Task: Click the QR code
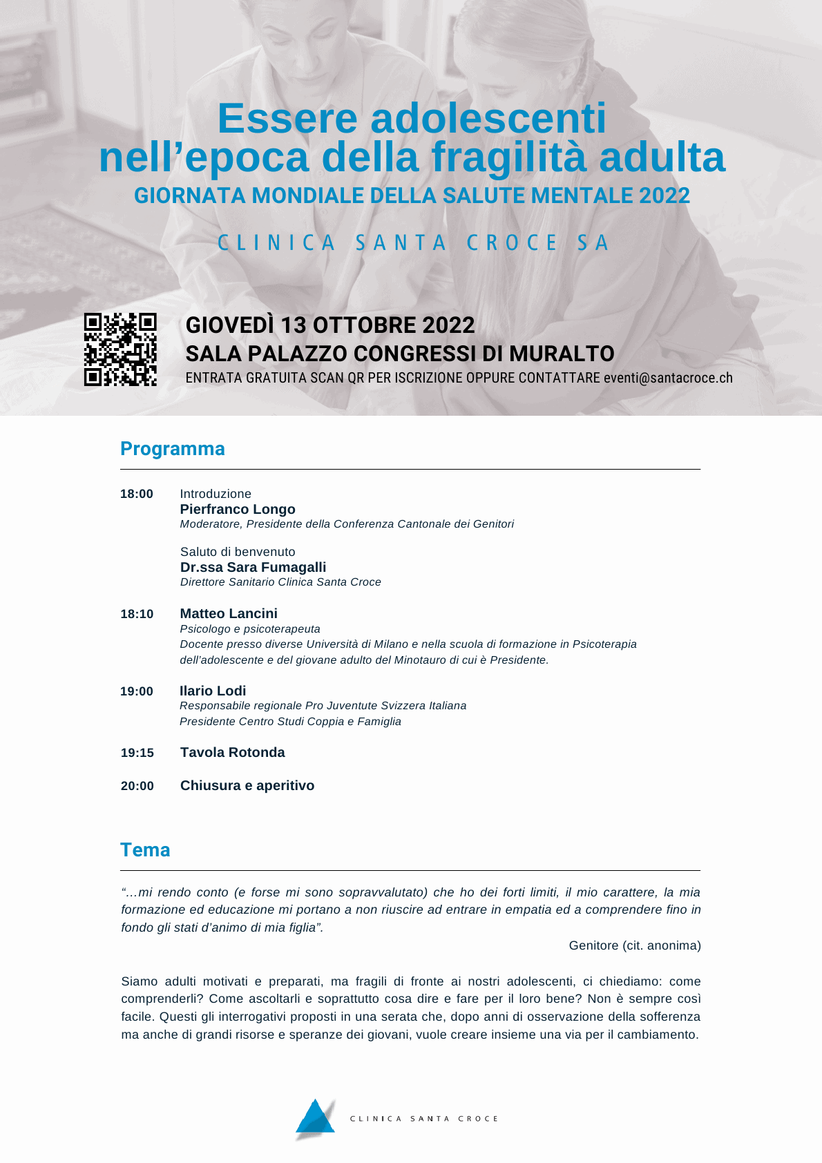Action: (120, 349)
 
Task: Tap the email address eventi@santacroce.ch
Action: (668, 378)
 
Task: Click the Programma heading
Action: (173, 449)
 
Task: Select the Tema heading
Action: (145, 850)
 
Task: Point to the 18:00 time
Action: (137, 494)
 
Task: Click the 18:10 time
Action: (137, 614)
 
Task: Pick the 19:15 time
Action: (137, 753)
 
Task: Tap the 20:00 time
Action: (137, 786)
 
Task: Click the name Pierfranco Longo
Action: (238, 509)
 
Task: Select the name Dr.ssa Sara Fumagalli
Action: (253, 567)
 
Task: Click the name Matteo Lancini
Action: (229, 613)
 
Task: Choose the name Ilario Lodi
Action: (213, 691)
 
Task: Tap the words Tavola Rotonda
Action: (232, 752)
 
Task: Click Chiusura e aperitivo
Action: (247, 785)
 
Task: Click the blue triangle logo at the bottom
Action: (316, 1118)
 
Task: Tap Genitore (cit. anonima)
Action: (635, 945)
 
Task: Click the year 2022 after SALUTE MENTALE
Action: (665, 196)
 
